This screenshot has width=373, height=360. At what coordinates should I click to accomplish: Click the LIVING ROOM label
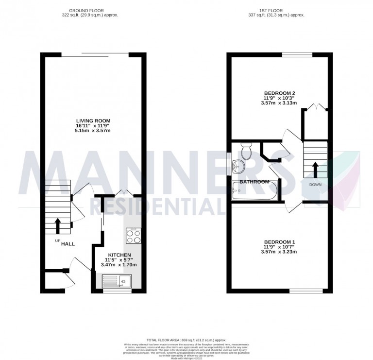point(93,121)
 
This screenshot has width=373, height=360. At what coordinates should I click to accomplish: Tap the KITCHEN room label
point(119,255)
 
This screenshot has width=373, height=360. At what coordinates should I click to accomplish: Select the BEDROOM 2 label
point(279,93)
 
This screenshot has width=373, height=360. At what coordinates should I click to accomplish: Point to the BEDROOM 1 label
point(279,242)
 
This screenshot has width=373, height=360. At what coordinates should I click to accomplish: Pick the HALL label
point(68,243)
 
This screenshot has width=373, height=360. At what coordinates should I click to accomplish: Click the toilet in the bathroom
point(246,152)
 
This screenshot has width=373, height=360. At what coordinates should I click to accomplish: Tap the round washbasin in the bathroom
point(238,167)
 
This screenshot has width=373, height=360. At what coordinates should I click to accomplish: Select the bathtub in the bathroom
point(254,191)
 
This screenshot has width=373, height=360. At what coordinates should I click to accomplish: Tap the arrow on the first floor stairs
point(314,170)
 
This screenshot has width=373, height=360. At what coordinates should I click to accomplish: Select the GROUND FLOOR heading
point(87,10)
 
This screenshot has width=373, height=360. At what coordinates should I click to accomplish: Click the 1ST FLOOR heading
point(275,10)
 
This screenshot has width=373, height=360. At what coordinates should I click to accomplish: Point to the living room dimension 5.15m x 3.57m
point(93,131)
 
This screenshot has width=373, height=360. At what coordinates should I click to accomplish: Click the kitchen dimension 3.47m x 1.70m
point(119,265)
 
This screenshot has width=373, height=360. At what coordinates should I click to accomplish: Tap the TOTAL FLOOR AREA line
point(186,339)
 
